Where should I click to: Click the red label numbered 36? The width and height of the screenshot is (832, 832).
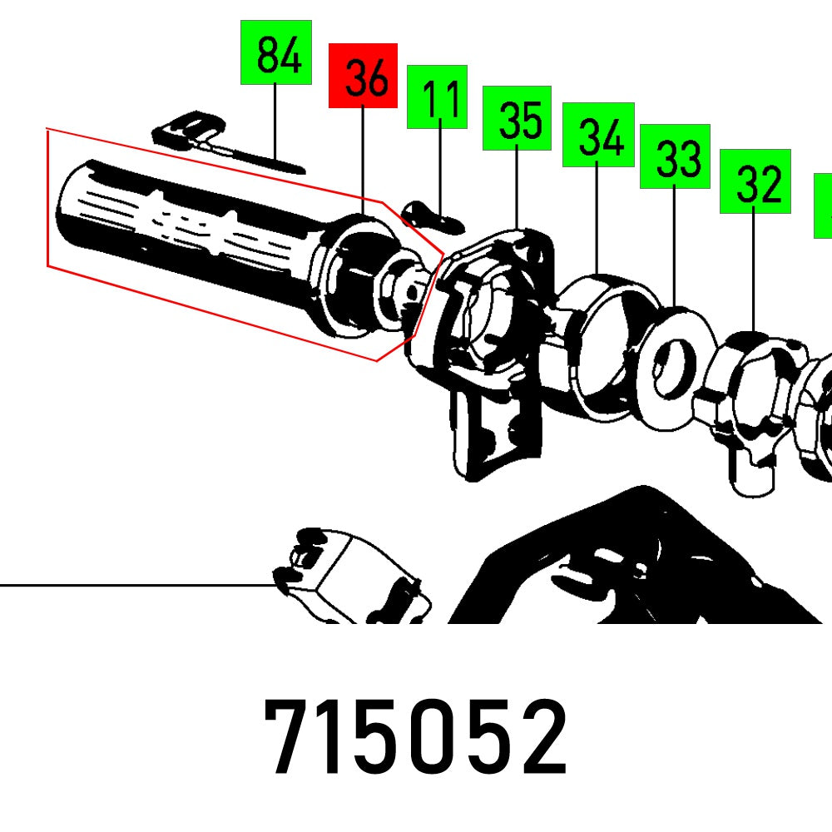tap(363, 76)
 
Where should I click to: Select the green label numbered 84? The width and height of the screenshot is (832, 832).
tap(275, 52)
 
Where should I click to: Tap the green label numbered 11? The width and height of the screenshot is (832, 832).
tap(437, 97)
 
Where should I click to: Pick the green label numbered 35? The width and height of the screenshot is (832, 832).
tap(517, 117)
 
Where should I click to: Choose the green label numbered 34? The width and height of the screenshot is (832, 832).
tap(598, 135)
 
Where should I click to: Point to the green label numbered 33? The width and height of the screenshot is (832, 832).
tap(674, 156)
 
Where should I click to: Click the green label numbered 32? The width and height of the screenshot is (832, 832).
tap(755, 181)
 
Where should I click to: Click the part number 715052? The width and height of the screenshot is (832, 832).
tap(416, 737)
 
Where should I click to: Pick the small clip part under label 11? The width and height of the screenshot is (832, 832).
tap(431, 217)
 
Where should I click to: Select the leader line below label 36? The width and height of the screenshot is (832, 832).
tap(363, 158)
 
